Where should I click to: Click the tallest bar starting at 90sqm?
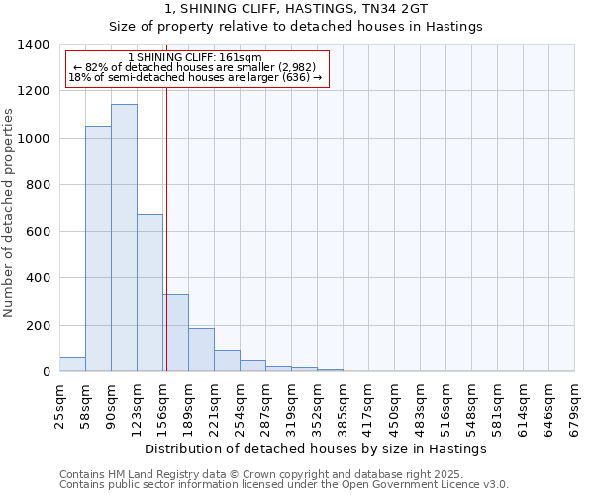pos(124,238)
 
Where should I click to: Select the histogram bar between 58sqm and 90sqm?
pos(98,248)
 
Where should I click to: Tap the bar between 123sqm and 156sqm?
pos(149,292)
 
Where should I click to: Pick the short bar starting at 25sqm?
pos(72,364)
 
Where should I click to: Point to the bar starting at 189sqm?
pos(201,349)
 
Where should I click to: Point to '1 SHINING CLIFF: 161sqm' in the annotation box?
pos(195,58)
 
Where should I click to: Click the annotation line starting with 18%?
pos(195,78)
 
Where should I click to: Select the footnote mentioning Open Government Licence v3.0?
pos(284,484)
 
